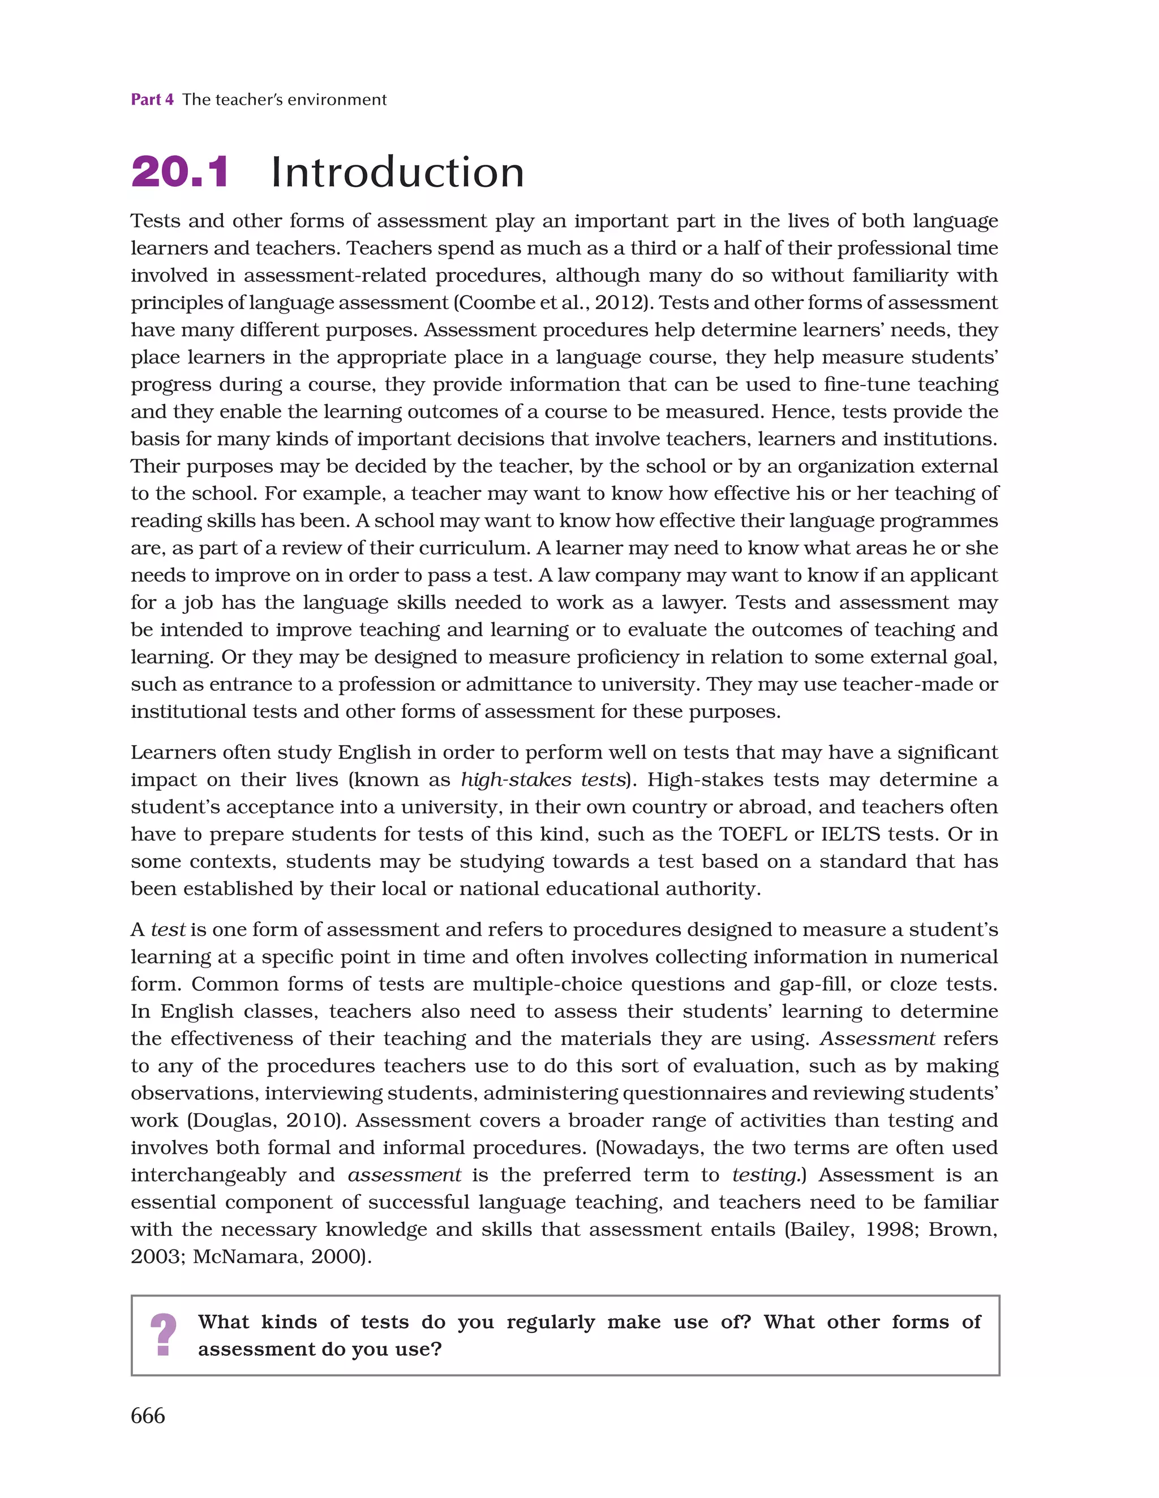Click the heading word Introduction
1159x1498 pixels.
tap(397, 172)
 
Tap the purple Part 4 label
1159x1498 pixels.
tap(152, 100)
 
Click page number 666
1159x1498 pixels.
tap(148, 1416)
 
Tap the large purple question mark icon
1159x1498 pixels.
tap(163, 1335)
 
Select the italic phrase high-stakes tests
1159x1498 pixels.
tap(543, 780)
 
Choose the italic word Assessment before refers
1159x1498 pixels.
tap(877, 1039)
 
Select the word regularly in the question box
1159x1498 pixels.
tap(550, 1322)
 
